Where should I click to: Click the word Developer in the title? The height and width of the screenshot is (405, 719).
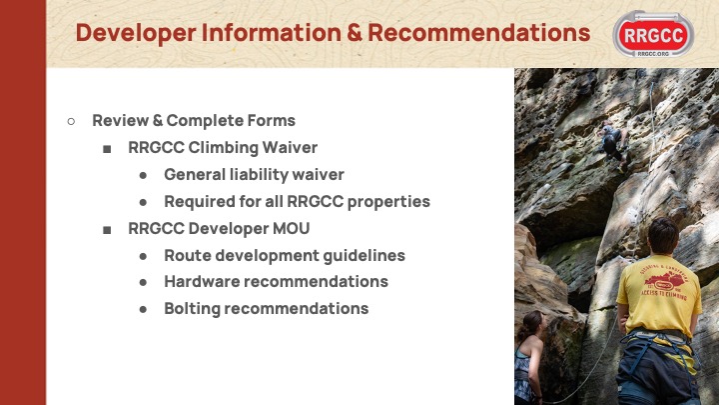(136, 33)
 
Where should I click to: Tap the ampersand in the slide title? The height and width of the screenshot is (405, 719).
(355, 33)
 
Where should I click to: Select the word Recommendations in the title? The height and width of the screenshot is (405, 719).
(479, 33)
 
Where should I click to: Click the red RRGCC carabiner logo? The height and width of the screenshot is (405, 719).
(653, 34)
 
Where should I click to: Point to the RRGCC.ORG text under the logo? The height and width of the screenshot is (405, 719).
(653, 54)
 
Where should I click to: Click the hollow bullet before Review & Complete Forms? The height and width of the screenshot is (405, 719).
(71, 121)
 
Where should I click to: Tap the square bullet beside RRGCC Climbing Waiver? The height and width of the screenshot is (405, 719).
(107, 149)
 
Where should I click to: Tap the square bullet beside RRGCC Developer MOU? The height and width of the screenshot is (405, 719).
(107, 230)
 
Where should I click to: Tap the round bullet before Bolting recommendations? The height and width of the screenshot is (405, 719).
(143, 310)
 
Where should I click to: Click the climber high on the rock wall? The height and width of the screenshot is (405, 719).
(613, 146)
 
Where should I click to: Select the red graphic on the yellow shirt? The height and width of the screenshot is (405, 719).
(664, 282)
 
